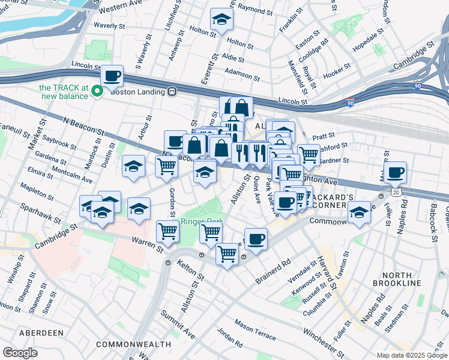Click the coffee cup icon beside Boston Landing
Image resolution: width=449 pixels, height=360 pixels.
click(112, 76)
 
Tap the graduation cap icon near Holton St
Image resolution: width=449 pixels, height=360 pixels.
click(221, 20)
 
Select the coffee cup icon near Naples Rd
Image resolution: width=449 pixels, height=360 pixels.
click(395, 173)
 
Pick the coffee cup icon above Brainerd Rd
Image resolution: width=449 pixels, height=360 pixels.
click(256, 239)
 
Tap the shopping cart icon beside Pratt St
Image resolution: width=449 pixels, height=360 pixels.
click(309, 154)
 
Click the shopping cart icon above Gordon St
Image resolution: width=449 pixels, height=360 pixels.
click(166, 166)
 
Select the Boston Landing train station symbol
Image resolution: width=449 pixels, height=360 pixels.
click(172, 92)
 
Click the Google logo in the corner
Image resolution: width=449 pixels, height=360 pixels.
click(20, 352)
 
